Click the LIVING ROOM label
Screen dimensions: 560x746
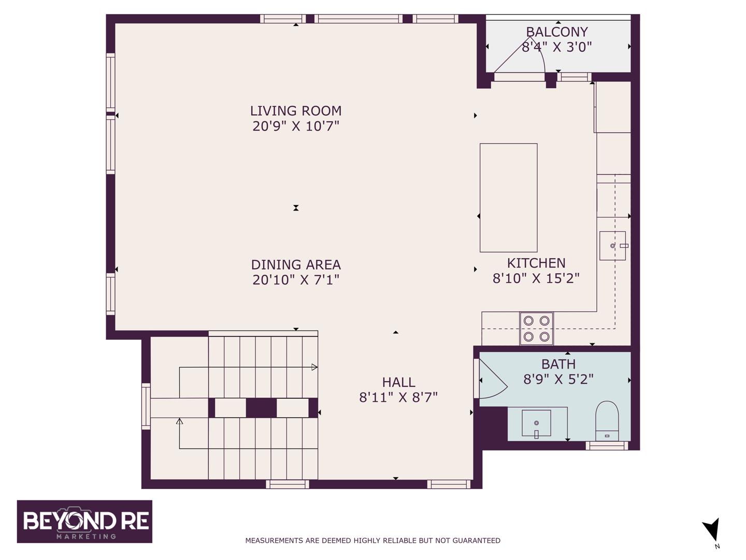pos(295,111)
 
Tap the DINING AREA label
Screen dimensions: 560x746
pos(295,264)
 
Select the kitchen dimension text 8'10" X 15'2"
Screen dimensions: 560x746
pos(536,278)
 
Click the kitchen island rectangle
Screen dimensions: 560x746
pos(508,198)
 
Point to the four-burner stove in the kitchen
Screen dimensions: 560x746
pos(536,328)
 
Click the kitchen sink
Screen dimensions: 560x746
pos(612,245)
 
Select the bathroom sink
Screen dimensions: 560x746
pos(536,423)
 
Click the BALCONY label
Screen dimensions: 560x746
pos(557,32)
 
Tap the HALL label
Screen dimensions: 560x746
pos(398,382)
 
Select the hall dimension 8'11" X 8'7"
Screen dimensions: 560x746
pos(398,397)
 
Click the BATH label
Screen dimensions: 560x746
pos(558,364)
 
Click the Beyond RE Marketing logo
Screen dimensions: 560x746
pos(84,521)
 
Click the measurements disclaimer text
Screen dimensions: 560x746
pos(372,540)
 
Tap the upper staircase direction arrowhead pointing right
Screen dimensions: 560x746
pos(314,367)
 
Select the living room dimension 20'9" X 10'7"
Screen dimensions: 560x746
pos(295,126)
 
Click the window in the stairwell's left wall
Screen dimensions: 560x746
pos(146,406)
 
